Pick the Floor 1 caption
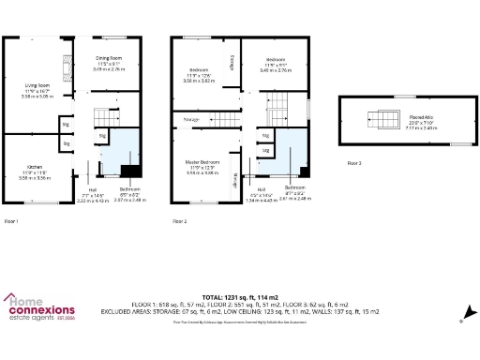pos(12,221)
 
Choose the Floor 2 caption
pos(180,221)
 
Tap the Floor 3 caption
pos(354,162)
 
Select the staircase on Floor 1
pos(105,117)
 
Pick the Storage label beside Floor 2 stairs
pos(192,120)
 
